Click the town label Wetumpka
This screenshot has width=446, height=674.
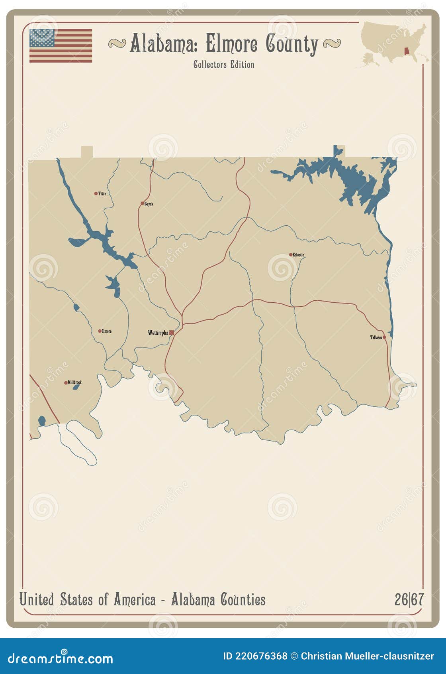[x=158, y=333]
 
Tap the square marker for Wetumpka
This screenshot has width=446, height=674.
[x=172, y=333]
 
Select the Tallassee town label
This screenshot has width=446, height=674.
[x=376, y=337]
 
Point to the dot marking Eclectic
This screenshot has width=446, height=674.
[x=291, y=254]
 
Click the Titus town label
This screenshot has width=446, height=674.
[x=102, y=193]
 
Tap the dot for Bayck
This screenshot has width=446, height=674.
[x=142, y=203]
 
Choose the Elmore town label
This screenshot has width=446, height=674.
[x=106, y=331]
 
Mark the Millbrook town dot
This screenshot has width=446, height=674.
[x=66, y=383]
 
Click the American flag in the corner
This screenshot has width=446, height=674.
[x=61, y=45]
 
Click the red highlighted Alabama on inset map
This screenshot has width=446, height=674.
[x=407, y=52]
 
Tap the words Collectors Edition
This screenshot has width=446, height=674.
[x=223, y=65]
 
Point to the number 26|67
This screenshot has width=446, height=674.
[x=409, y=600]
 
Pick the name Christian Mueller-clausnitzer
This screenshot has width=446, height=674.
[x=367, y=656]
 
